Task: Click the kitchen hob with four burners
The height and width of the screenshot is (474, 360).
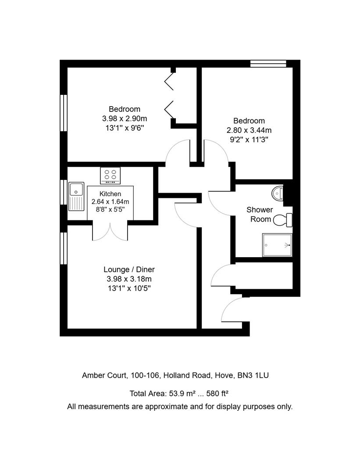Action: [110, 176]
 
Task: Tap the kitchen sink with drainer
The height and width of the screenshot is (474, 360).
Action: [76, 196]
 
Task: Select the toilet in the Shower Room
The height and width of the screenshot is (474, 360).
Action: [283, 219]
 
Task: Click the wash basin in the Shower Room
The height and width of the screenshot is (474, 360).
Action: [278, 192]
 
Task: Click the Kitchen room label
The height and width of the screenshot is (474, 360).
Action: [110, 194]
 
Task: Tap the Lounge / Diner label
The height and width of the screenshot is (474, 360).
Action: [129, 269]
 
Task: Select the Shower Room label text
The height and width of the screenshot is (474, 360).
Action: [260, 214]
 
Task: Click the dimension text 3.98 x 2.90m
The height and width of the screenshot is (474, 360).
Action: [125, 118]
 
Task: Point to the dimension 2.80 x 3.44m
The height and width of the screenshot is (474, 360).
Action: [249, 130]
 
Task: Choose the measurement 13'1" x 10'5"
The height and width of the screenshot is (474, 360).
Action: [129, 288]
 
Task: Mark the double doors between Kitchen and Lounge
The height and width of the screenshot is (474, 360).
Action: [110, 231]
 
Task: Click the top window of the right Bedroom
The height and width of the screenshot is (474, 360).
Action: [268, 64]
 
